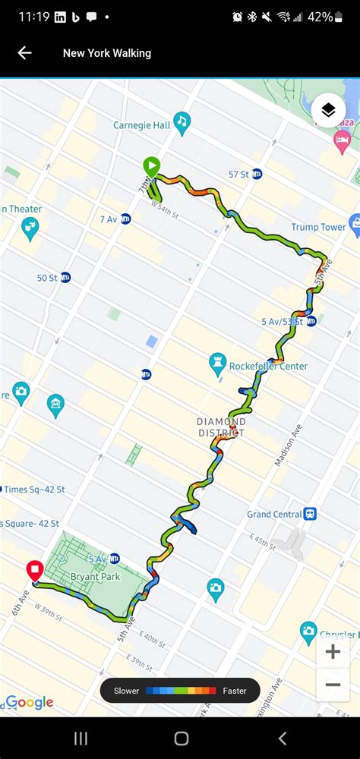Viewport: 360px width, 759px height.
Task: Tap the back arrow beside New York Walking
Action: point(24,52)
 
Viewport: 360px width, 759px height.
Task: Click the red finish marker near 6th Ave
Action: point(34,570)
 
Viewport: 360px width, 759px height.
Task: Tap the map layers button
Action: point(328,111)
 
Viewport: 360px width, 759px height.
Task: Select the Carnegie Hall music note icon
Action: point(181,121)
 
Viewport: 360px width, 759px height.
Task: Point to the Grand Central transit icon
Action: point(310,514)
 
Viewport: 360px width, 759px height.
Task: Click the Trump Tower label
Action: point(317,227)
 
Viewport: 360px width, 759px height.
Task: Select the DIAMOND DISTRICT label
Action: point(221,427)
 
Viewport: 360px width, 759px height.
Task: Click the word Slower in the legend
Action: point(127,691)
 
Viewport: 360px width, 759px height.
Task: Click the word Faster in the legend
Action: point(234,691)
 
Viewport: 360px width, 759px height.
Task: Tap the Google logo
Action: point(29,703)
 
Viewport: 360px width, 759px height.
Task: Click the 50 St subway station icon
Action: point(65,278)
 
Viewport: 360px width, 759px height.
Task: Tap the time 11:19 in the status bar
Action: point(33,17)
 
